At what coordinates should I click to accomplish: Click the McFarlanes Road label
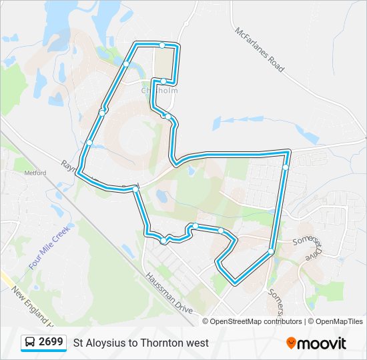coord(260,50)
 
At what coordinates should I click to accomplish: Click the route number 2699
coord(51,343)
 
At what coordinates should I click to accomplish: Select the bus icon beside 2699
coord(30,343)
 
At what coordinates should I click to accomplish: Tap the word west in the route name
coord(198,343)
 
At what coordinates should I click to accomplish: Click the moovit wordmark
coord(322,343)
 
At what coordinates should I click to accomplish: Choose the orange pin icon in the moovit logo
coord(291,343)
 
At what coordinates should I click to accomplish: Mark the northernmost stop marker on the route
coord(162,45)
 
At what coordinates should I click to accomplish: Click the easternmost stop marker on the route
coord(286,167)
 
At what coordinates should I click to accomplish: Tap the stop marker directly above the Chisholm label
coord(163,81)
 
